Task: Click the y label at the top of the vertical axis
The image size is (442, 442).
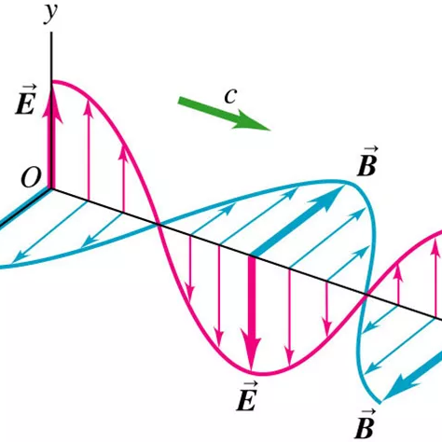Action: [50, 14]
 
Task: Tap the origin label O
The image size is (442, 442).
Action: [31, 177]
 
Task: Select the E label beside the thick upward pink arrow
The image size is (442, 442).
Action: [25, 100]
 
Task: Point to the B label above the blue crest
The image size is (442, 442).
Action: [367, 161]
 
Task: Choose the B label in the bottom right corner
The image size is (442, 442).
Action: [365, 424]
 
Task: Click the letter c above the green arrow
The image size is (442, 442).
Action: [230, 96]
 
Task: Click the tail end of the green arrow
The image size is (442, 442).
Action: [179, 101]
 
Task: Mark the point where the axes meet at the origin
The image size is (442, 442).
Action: [51, 187]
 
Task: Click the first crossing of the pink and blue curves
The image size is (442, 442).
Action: [159, 225]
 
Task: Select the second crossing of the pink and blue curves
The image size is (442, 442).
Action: [366, 293]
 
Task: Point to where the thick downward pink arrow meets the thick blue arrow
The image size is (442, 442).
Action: [253, 256]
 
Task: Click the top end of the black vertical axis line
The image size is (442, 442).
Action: [51, 33]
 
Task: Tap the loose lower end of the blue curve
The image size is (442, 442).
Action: [380, 403]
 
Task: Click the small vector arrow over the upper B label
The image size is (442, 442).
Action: [370, 148]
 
